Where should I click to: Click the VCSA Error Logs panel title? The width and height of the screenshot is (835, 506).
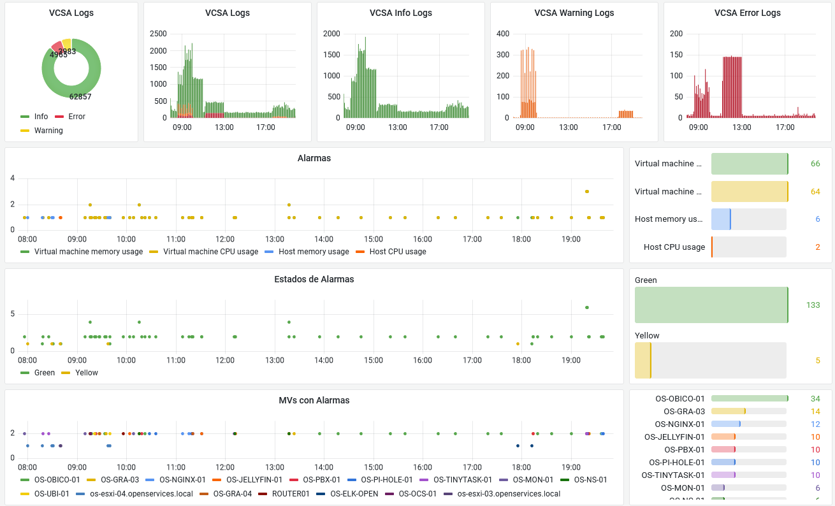coord(747,13)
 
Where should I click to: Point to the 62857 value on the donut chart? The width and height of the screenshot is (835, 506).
coord(80,97)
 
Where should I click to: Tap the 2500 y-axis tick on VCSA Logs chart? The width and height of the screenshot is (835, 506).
coord(158,34)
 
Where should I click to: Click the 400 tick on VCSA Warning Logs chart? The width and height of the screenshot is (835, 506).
coord(503,34)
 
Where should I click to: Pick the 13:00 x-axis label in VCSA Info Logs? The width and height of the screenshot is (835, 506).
coord(397,127)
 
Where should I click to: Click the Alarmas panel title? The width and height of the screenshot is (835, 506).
coord(314,158)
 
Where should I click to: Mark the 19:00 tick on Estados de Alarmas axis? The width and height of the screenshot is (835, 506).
coord(571,360)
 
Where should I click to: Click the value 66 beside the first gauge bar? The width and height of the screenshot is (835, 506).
coord(815,164)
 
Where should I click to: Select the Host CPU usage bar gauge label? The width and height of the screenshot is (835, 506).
coord(674,247)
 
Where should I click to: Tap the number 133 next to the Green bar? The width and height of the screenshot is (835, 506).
coord(813,305)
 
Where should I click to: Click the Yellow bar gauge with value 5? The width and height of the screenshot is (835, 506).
coord(710,361)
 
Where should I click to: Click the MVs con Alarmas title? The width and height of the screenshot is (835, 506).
coord(314,400)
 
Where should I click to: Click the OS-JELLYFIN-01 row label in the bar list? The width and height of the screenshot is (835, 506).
coord(674,437)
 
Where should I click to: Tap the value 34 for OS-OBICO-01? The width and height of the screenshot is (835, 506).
coord(815,399)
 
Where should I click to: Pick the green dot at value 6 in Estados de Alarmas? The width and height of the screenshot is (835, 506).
coord(587,307)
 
